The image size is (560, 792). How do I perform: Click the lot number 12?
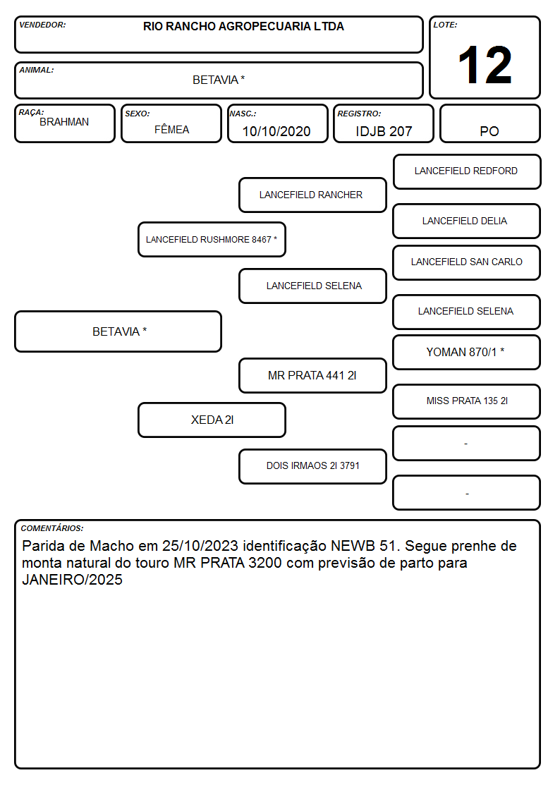[485, 65]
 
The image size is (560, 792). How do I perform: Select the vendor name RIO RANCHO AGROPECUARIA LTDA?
[243, 26]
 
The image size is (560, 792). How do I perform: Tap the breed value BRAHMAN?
[64, 122]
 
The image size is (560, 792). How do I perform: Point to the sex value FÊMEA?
[171, 129]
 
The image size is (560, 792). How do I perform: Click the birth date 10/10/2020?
[276, 131]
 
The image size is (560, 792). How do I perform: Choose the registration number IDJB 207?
[384, 131]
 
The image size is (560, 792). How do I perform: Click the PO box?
[489, 123]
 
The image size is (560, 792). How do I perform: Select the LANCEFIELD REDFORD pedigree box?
[467, 172]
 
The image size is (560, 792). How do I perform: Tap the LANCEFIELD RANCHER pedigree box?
[312, 195]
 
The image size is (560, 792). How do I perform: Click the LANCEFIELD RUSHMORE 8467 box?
[212, 239]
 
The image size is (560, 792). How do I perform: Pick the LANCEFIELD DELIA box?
[467, 221]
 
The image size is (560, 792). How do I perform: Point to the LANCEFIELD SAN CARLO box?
[467, 262]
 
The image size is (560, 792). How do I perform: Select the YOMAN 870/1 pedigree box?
[467, 352]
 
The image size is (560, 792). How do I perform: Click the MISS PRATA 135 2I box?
[467, 401]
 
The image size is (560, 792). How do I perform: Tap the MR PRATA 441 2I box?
[312, 375]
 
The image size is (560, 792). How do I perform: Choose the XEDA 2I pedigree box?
[212, 420]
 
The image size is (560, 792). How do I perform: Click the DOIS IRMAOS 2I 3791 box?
[312, 466]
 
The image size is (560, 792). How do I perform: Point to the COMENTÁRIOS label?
[52, 528]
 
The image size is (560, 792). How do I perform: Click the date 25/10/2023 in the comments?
[200, 546]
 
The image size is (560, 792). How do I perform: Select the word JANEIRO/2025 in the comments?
[72, 579]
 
